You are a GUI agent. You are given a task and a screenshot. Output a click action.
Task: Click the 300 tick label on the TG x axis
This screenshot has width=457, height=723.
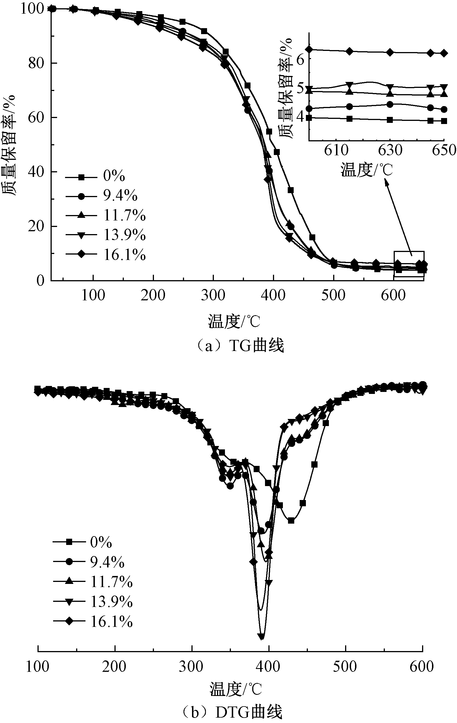213,296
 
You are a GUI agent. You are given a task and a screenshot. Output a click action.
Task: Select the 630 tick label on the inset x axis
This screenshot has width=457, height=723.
390,150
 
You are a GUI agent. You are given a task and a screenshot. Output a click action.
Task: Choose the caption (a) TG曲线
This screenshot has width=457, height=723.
239,346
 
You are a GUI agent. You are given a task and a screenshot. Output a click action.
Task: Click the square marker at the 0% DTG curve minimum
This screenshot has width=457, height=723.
291,520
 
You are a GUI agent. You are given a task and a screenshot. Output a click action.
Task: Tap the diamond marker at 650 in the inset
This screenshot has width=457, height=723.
444,53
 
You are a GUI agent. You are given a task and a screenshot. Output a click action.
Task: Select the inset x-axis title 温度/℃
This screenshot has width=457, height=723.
366,170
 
